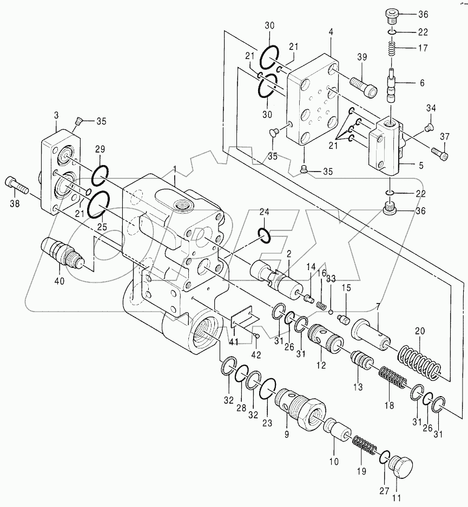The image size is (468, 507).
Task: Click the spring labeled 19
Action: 366,445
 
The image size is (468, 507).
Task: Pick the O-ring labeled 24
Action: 264,235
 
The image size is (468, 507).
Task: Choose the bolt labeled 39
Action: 363,85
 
